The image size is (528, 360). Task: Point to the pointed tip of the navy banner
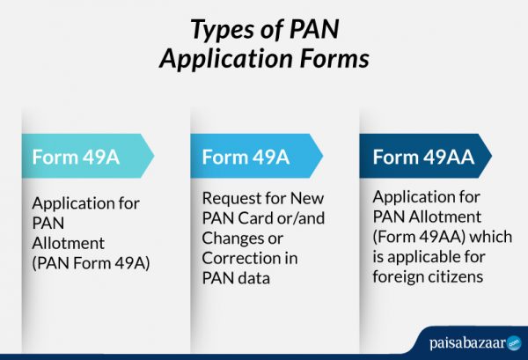[x=490, y=158]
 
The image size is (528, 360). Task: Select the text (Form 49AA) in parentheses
[x=414, y=239]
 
